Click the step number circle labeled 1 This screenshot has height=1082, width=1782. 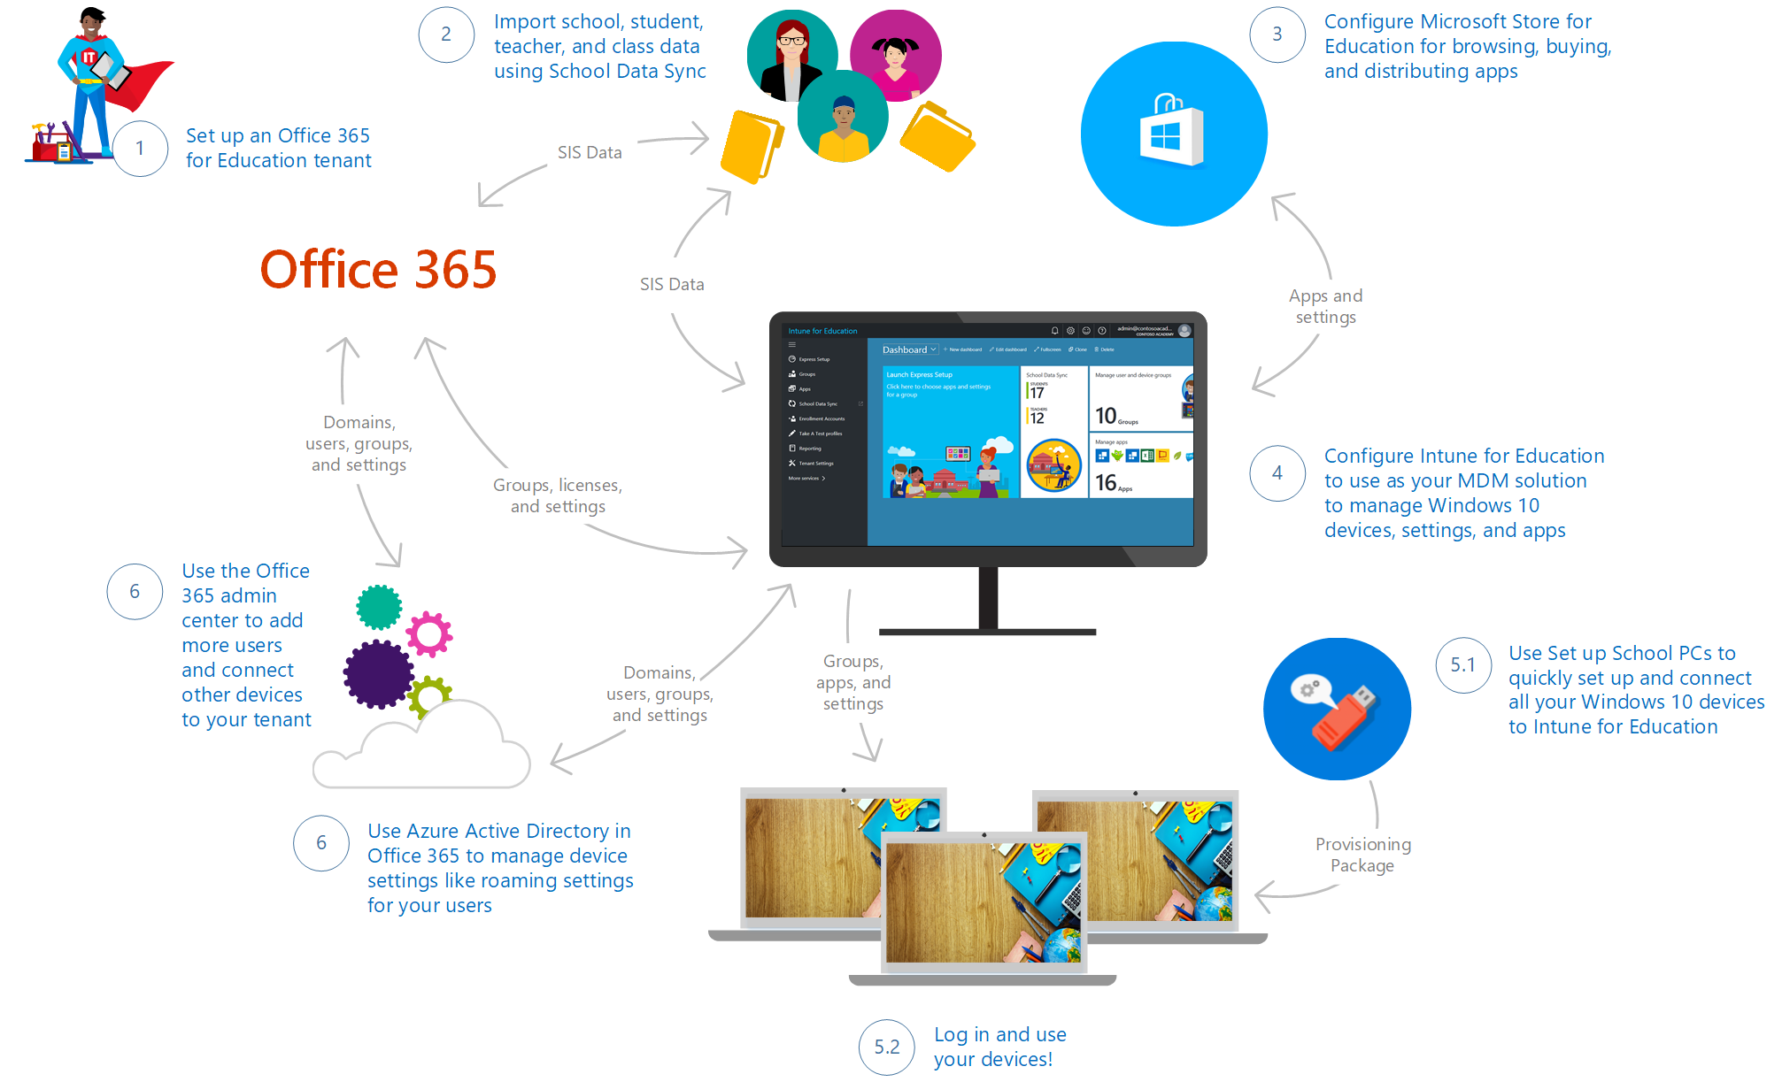coord(140,148)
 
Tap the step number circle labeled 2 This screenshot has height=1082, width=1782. coord(446,35)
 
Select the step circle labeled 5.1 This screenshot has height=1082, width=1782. coord(1463,664)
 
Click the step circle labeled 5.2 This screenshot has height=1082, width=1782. coord(886,1047)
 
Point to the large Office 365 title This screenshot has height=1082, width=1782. coord(378,269)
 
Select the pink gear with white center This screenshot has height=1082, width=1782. coord(429,633)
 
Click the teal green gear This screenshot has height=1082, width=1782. coord(379,607)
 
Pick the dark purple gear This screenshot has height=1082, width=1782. coord(378,674)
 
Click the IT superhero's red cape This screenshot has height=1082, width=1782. coord(142,83)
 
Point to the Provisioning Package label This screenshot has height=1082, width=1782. coord(1362,855)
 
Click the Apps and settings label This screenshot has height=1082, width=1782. coord(1325,306)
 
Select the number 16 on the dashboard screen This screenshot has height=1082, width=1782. coord(1106,482)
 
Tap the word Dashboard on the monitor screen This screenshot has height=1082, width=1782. coord(904,349)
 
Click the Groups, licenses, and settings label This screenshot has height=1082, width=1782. coord(558,495)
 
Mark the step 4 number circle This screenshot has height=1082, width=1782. coord(1277,473)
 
